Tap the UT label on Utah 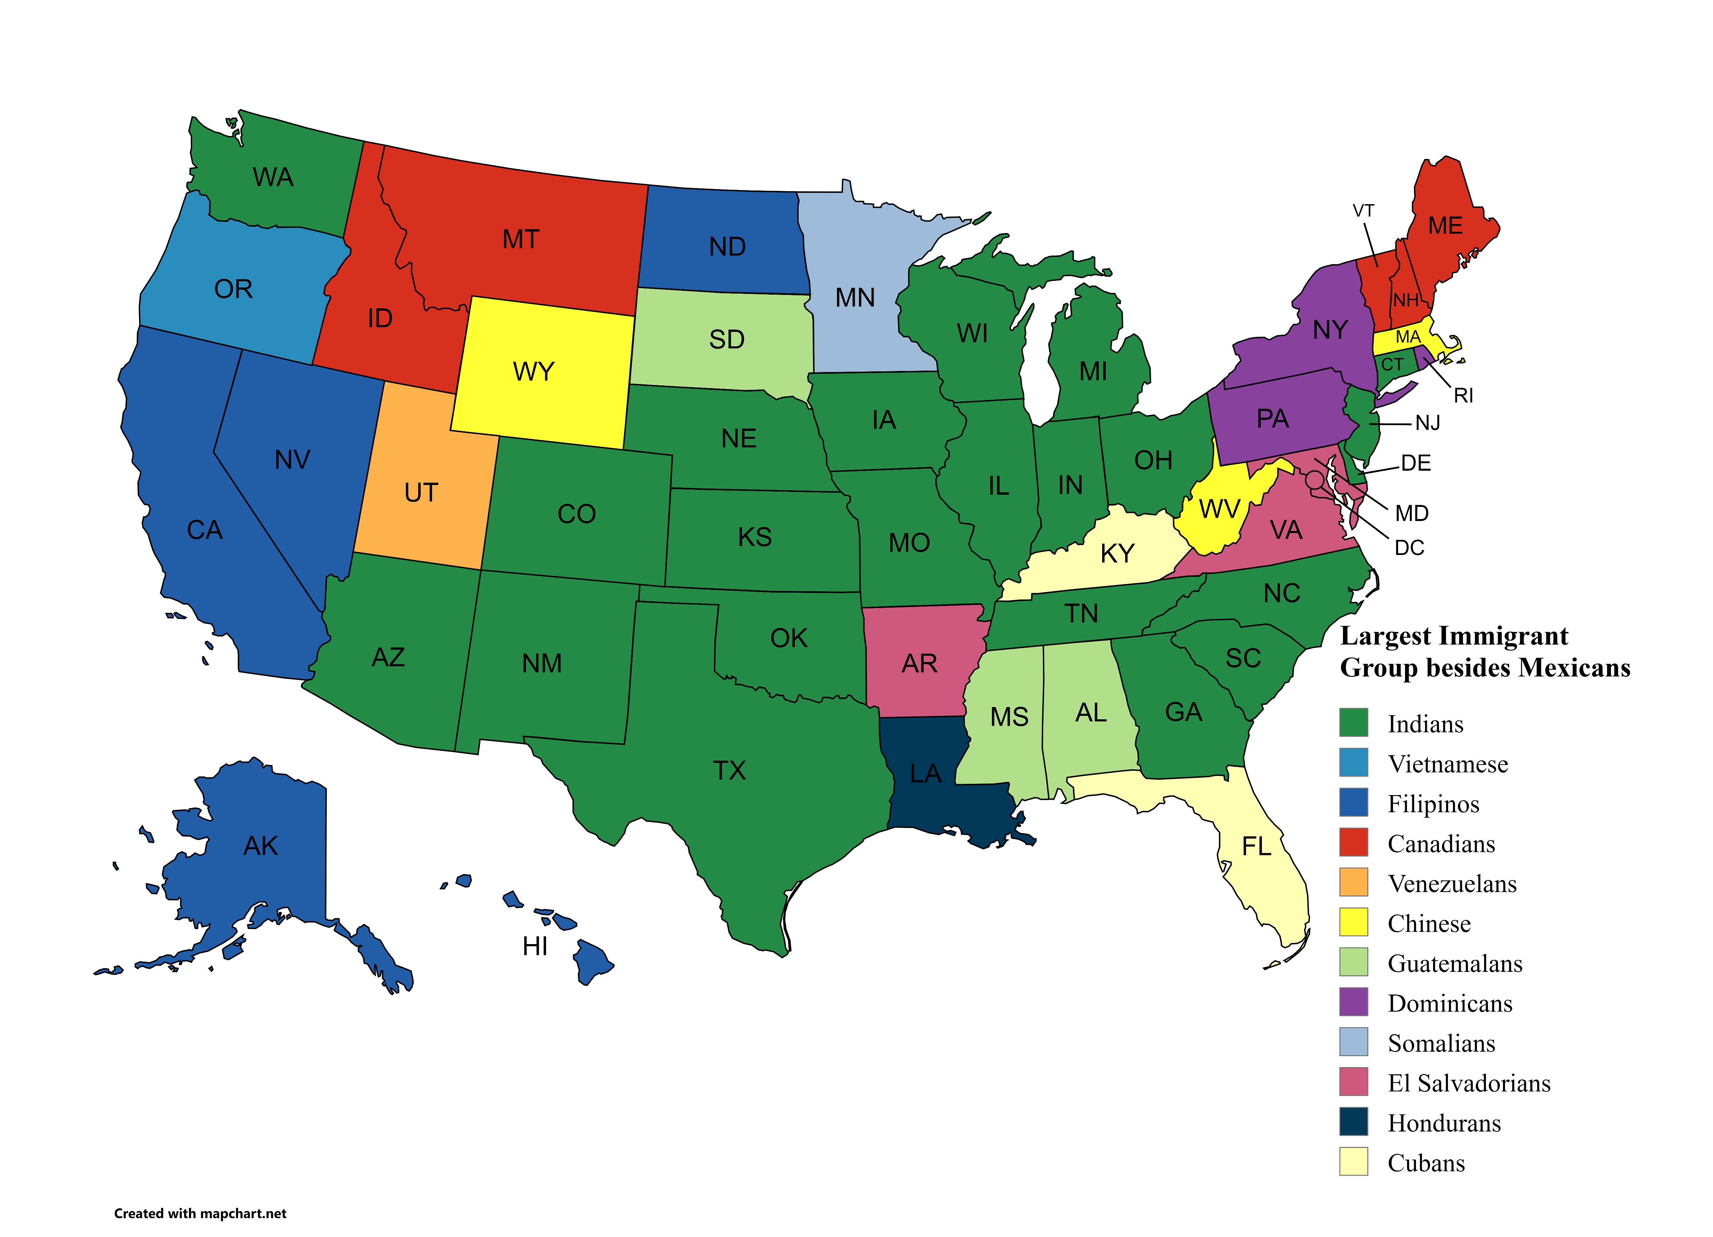[421, 492]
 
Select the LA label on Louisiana [925, 773]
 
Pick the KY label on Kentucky [1117, 554]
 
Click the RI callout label [1463, 396]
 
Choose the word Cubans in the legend [1426, 1163]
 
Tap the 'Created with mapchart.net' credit [200, 1214]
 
